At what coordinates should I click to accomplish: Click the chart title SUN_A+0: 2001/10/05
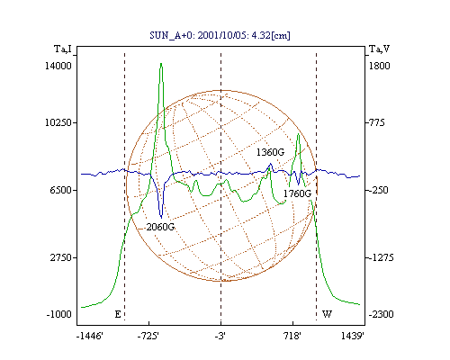(x=199, y=35)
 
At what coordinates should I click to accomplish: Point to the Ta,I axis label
(x=63, y=49)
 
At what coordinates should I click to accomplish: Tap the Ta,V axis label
(x=380, y=49)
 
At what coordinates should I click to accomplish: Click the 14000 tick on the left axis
(x=58, y=66)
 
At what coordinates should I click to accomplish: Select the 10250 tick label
(x=58, y=122)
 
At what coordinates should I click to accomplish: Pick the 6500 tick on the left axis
(x=60, y=190)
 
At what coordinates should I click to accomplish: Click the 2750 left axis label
(x=60, y=257)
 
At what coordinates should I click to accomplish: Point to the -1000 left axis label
(x=59, y=314)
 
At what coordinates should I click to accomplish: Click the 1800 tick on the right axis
(x=379, y=66)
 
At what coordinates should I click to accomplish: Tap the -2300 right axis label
(x=381, y=314)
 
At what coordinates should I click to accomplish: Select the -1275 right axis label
(x=381, y=257)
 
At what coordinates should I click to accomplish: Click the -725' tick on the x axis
(x=148, y=336)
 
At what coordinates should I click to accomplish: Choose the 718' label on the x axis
(x=292, y=336)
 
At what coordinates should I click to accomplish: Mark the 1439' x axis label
(x=353, y=336)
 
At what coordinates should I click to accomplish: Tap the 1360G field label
(x=270, y=152)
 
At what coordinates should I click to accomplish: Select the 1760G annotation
(x=297, y=193)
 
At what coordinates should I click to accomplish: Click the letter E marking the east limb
(x=118, y=314)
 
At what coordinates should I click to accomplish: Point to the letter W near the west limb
(x=327, y=314)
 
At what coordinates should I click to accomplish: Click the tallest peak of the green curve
(x=161, y=64)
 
